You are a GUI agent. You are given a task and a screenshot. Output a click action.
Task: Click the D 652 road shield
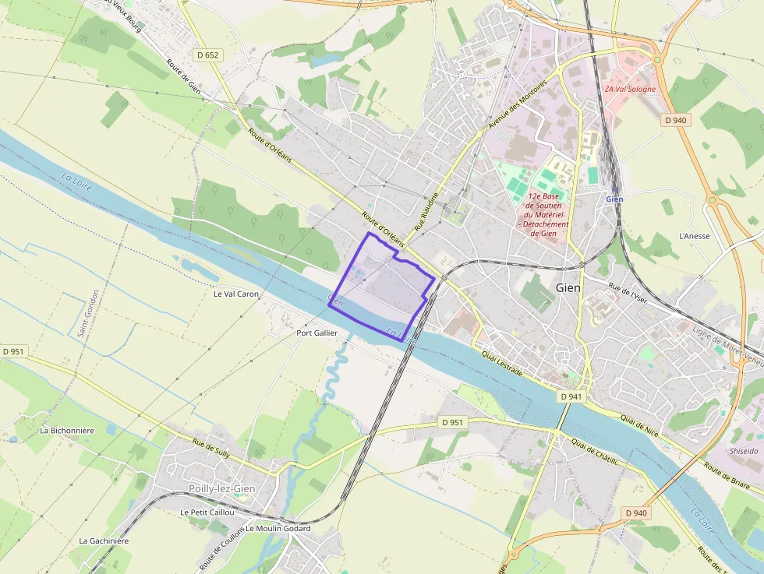click(x=208, y=55)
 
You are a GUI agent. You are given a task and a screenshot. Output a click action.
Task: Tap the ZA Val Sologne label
click(x=630, y=89)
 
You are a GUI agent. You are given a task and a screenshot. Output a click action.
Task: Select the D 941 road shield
click(x=571, y=396)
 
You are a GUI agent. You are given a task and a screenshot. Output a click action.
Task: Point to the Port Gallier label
click(x=317, y=333)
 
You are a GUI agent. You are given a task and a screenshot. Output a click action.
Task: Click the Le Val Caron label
click(x=235, y=294)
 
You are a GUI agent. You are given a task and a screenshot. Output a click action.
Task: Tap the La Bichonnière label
click(x=67, y=430)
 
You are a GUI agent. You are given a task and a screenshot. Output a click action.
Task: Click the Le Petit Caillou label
click(x=207, y=512)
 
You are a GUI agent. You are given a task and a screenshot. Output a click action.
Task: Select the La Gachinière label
click(x=104, y=541)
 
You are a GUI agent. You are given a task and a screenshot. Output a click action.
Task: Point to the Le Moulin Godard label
click(x=278, y=529)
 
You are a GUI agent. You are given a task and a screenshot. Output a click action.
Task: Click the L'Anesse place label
click(x=695, y=236)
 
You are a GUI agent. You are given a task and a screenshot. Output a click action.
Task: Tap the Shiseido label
click(x=743, y=451)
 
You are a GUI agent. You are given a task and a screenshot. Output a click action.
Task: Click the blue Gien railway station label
click(x=614, y=199)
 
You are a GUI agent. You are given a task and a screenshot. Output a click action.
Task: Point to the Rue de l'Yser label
click(x=628, y=293)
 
